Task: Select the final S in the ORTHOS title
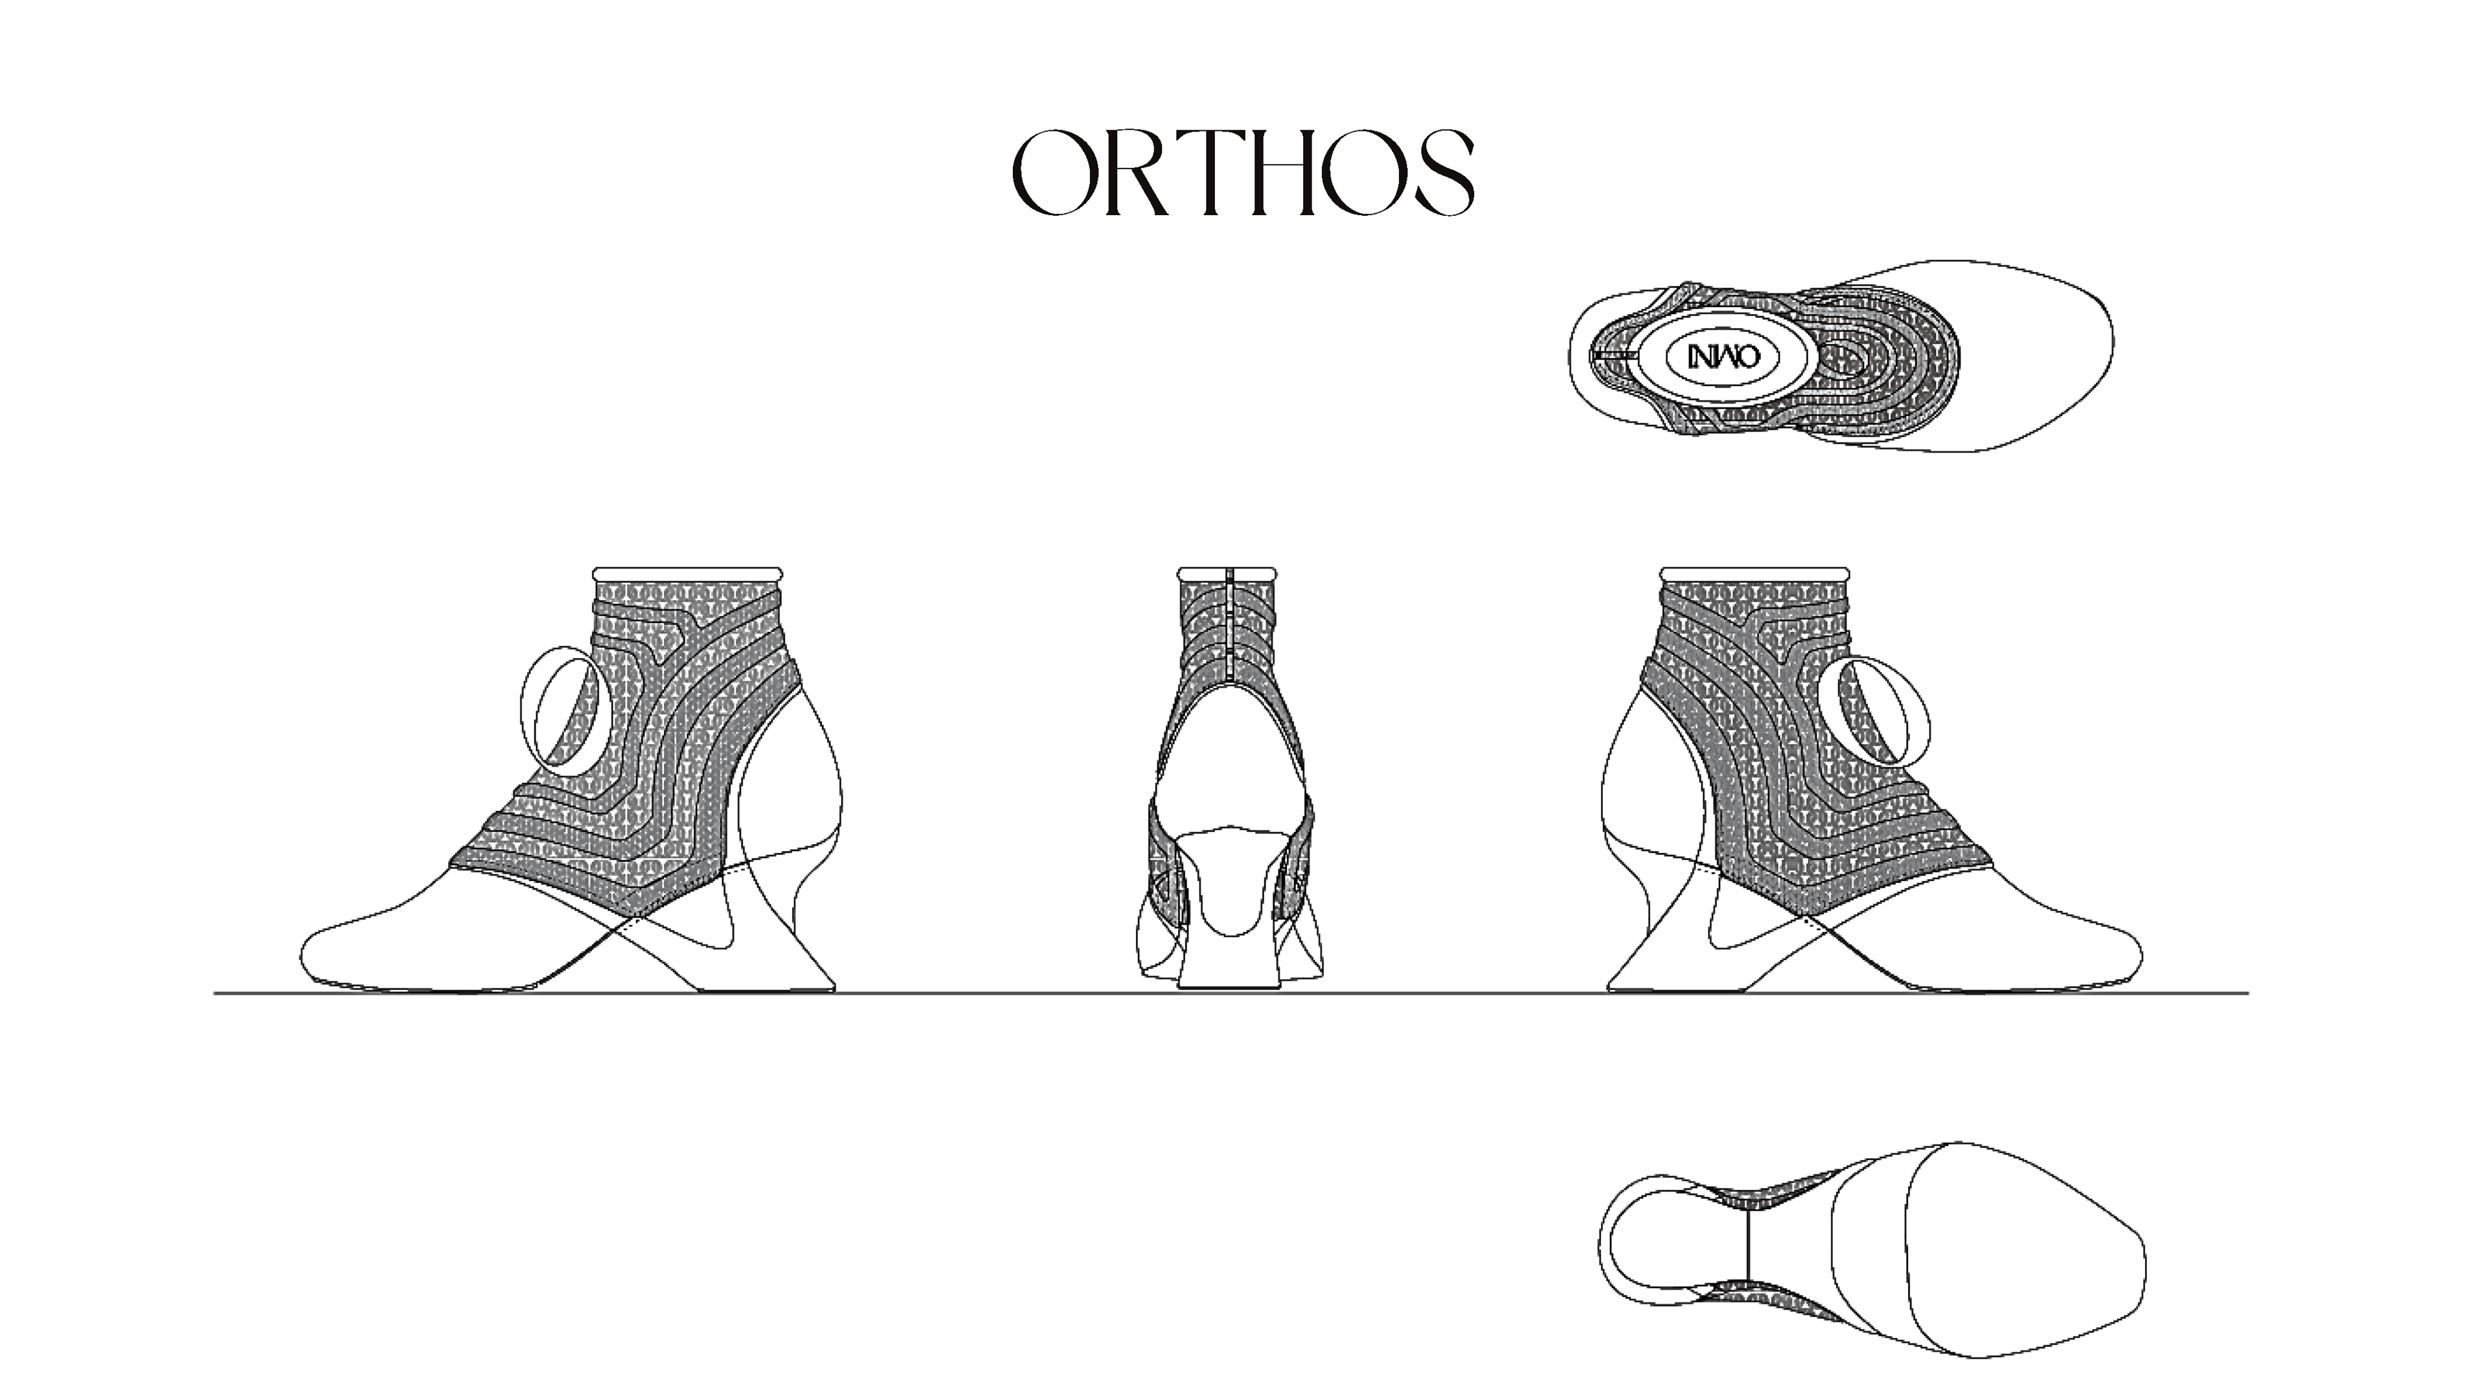(1446, 173)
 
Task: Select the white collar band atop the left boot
(687, 573)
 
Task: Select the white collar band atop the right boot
(1755, 573)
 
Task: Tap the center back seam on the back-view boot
(1229, 628)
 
